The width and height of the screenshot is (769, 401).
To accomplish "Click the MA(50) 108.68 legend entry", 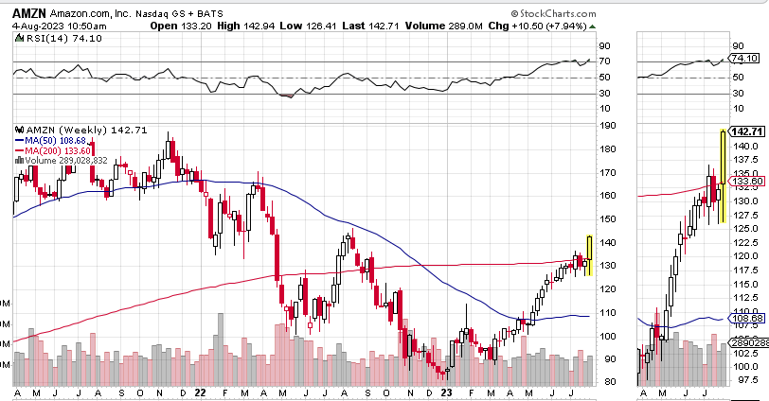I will (x=56, y=140).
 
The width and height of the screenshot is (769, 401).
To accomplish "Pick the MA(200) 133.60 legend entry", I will (x=57, y=150).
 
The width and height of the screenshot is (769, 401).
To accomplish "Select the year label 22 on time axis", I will (x=200, y=392).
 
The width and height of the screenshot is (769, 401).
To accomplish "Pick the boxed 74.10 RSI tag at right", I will (x=745, y=58).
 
